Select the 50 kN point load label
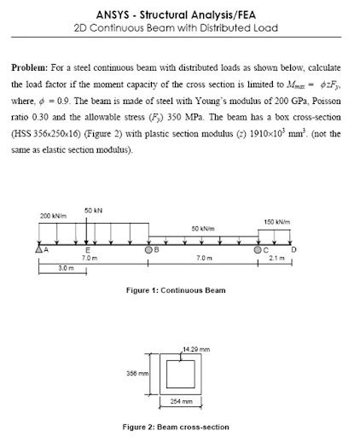pos(94,210)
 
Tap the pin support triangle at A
pos(38,250)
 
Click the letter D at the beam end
pos(294,249)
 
